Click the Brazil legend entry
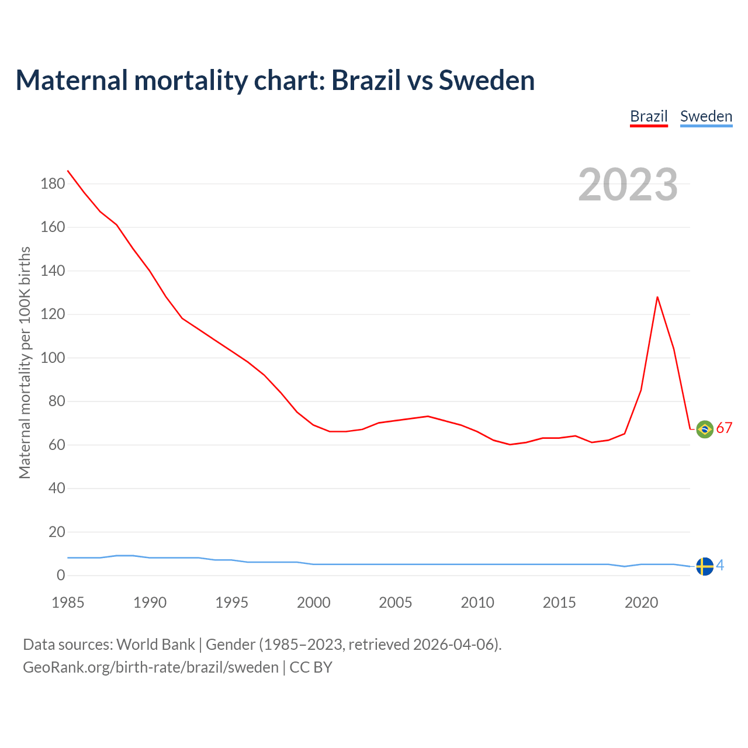[649, 116]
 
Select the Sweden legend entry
[706, 116]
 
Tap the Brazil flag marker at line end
[705, 429]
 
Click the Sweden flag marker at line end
[705, 566]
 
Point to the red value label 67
[724, 428]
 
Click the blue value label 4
[720, 566]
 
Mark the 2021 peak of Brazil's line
[657, 297]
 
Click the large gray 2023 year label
[628, 185]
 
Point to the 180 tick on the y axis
[53, 184]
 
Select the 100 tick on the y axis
[53, 358]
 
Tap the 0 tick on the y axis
[61, 576]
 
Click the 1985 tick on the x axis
[68, 602]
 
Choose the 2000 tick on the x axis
[314, 602]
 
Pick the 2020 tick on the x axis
[641, 602]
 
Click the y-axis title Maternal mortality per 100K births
[25, 362]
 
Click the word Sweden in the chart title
[486, 80]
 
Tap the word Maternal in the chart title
[71, 80]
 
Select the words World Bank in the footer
[155, 645]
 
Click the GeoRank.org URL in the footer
[151, 667]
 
